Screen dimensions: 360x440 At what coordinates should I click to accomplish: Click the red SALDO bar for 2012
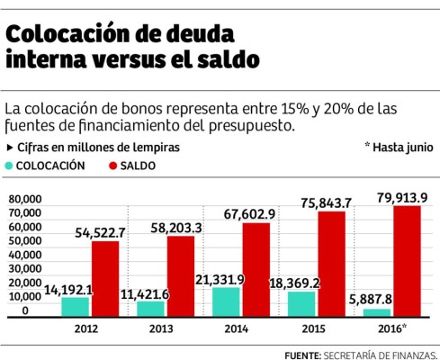coord(105,277)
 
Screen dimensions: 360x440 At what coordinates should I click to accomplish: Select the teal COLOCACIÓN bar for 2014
coord(225,301)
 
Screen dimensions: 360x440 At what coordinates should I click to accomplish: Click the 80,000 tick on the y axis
coord(25,199)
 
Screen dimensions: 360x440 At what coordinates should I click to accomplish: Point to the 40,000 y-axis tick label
coord(25,255)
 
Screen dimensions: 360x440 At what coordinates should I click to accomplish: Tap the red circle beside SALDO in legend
coord(112,166)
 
